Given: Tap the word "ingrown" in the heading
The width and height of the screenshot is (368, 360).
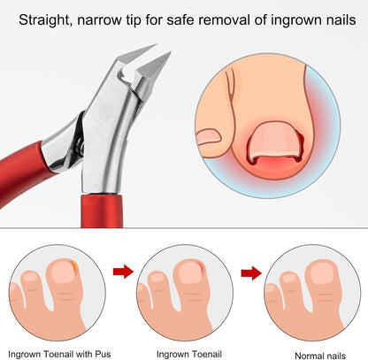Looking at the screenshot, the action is coord(295,20).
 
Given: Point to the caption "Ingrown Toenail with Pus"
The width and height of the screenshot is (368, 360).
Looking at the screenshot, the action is coord(59,354).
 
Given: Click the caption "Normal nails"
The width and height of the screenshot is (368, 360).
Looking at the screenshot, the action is coord(320,356).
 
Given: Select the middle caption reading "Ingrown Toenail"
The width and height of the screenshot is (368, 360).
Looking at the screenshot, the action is coord(189,354).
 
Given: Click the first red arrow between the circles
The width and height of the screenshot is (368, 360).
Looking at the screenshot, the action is coord(123,272).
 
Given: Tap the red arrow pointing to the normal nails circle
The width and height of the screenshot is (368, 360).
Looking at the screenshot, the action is coord(251,273).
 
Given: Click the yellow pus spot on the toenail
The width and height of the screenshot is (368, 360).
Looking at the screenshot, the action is coord(75,266).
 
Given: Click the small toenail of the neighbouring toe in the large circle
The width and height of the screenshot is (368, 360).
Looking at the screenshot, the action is coord(209,137).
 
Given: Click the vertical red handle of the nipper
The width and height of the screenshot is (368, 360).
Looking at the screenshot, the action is coord(102,211).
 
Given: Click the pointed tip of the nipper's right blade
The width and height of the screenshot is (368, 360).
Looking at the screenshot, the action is coord(170,52).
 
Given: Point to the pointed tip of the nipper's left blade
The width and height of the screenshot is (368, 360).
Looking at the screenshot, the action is coord(156,45).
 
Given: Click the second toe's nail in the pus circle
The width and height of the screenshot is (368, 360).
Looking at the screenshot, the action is coord(30,278).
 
